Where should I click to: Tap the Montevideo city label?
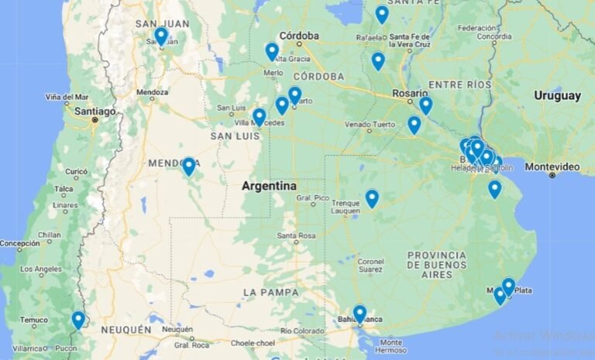[552, 166]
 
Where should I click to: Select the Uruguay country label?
[557, 95]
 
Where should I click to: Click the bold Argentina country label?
[269, 186]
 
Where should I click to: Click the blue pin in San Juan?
[160, 36]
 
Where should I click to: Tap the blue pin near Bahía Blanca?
[359, 313]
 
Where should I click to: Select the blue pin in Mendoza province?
[188, 166]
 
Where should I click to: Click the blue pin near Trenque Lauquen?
[372, 198]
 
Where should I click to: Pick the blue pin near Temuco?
[78, 319]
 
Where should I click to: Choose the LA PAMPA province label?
[270, 292]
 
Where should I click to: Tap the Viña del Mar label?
[67, 97]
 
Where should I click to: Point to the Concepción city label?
[19, 243]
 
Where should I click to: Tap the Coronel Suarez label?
[370, 266]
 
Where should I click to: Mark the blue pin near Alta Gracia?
[272, 51]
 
